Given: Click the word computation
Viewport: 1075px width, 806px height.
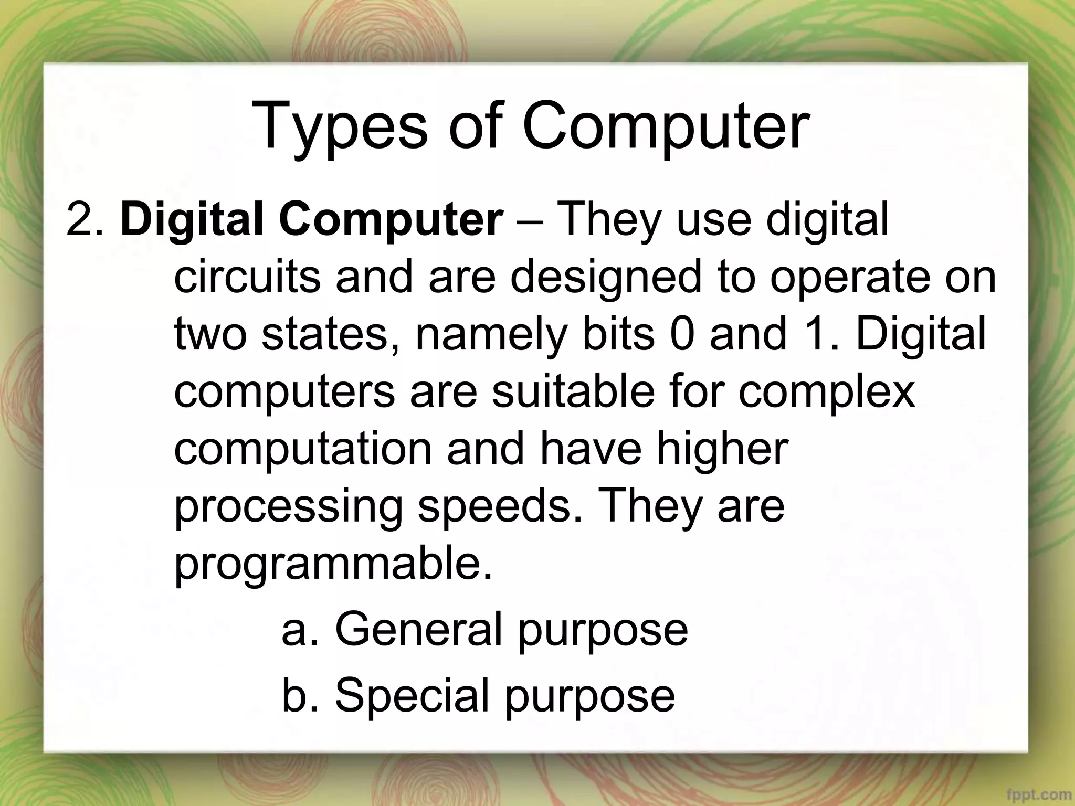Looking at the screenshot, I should (x=303, y=450).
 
